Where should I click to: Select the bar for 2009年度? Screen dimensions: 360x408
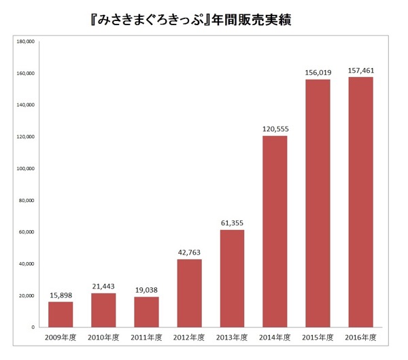[61, 314]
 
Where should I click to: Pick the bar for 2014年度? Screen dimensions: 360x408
[275, 231]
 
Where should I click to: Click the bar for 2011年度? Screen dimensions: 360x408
[146, 312]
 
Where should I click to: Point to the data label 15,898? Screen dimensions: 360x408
[61, 295]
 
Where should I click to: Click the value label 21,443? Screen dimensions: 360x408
[103, 287]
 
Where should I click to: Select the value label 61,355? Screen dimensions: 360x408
[232, 223]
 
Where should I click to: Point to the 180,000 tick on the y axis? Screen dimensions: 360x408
[25, 42]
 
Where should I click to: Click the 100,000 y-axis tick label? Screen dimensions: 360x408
[25, 169]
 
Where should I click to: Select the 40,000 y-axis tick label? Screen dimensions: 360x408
[27, 264]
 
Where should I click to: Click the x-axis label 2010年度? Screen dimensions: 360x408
[103, 338]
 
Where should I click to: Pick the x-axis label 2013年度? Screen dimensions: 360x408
[232, 338]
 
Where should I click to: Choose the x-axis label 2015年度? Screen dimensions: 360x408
[318, 338]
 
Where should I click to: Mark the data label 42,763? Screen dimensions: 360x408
[189, 252]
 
